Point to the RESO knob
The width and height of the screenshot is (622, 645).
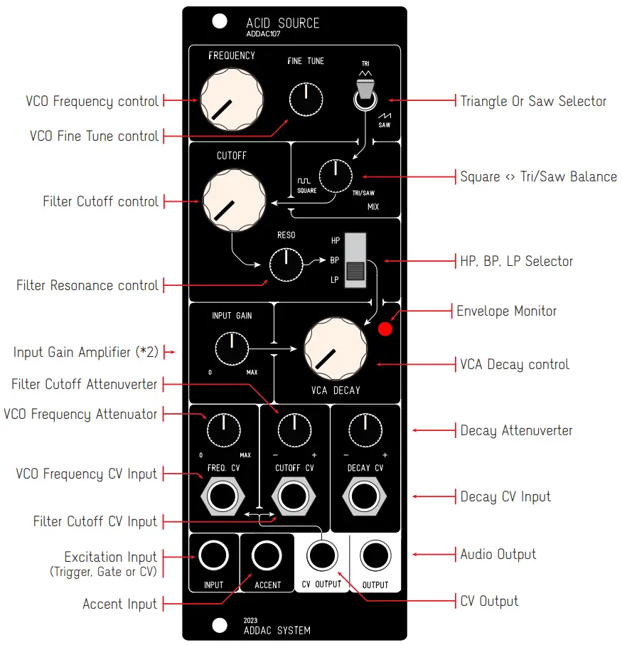(x=286, y=265)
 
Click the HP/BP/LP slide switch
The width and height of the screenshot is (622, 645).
(x=355, y=260)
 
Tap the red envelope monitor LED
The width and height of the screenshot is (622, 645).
(x=385, y=329)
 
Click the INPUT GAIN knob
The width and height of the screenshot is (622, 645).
(x=231, y=348)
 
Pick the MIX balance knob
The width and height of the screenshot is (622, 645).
(x=334, y=175)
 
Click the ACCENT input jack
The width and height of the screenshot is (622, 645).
(x=267, y=555)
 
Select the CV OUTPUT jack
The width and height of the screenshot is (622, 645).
(x=321, y=555)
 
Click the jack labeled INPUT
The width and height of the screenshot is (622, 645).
(x=213, y=555)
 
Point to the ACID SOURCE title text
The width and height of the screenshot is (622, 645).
(x=283, y=23)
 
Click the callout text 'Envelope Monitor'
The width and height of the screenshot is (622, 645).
(x=506, y=311)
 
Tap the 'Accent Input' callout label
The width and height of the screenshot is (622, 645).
(x=119, y=604)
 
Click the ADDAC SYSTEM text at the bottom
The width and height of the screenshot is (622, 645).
(x=277, y=630)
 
